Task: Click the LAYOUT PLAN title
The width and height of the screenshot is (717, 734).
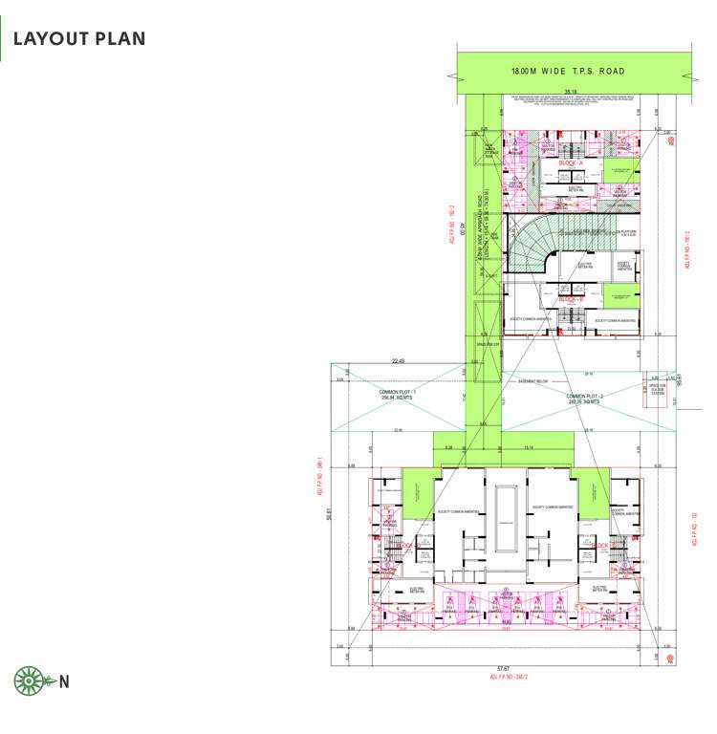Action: click(79, 39)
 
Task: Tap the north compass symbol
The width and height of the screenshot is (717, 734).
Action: click(31, 681)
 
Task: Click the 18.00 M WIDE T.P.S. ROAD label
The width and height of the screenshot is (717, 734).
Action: click(567, 71)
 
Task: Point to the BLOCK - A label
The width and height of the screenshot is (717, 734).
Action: click(571, 163)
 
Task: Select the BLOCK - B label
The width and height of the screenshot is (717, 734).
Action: click(571, 299)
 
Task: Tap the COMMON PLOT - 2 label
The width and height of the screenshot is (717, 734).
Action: click(584, 399)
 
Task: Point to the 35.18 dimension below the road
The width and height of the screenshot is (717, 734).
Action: click(571, 93)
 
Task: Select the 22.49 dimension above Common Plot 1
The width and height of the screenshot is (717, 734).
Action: click(398, 361)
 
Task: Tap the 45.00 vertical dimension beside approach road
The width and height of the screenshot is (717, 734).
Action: click(462, 228)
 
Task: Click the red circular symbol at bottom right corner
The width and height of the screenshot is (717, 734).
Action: click(672, 658)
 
